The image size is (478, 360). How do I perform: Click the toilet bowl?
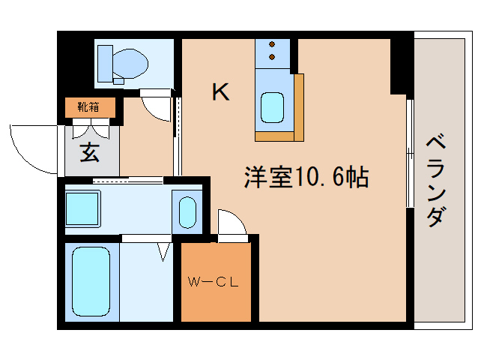coord(130,64)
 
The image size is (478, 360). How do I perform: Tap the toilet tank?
coord(105,64)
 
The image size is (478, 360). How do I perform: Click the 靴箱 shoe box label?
coord(88,107)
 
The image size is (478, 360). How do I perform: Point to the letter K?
coord(220,91)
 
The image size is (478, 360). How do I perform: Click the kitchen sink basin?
coord(272,107)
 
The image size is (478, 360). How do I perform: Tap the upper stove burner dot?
coord(272,44)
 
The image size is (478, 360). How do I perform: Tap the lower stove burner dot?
coord(272,57)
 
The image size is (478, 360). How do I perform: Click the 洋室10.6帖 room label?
coord(306,177)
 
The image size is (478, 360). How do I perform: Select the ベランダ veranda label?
coord(436,181)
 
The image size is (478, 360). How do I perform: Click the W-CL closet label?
coord(213,282)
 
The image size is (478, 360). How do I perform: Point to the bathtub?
coord(91,281)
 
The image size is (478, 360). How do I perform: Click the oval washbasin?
coord(187,212)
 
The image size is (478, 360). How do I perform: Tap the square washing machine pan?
coord(83,209)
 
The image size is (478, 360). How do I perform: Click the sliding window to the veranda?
coord(410,154)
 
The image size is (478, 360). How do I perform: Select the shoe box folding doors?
coord(91,128)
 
